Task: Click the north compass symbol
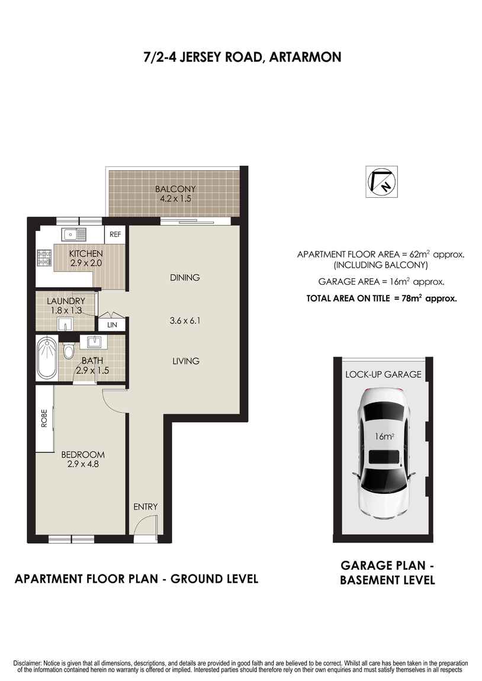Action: (380, 181)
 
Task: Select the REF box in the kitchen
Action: (115, 235)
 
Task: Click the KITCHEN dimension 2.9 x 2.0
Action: (86, 262)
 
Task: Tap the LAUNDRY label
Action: (66, 301)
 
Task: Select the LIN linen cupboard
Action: (112, 325)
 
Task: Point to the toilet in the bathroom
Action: (69, 351)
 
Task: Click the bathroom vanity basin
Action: (94, 342)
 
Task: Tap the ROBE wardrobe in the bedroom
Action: (44, 419)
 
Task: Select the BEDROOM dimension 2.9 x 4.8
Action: (83, 464)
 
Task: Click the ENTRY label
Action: (145, 506)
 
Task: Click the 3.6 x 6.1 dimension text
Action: (186, 321)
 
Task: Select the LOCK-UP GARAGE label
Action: (383, 374)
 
